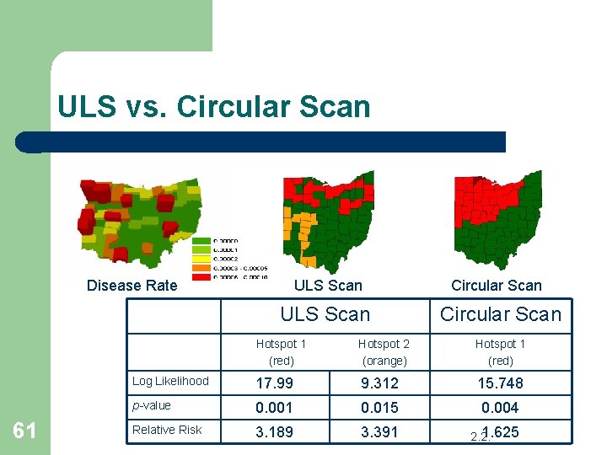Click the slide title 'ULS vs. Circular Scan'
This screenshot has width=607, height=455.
click(x=213, y=107)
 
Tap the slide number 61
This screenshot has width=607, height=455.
click(x=24, y=431)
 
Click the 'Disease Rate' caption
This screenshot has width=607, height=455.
click(x=132, y=286)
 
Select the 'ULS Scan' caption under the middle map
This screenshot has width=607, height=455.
click(x=328, y=286)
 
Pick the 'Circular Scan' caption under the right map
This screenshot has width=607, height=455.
click(x=496, y=286)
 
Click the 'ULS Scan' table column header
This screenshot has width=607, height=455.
click(x=325, y=314)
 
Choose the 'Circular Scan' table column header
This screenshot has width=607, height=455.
click(x=500, y=314)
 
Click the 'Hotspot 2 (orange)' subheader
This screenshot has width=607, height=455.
click(x=384, y=352)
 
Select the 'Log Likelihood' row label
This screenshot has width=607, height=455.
click(x=170, y=381)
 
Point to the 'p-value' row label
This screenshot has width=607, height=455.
click(x=152, y=405)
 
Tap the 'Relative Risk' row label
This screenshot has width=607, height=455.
click(x=167, y=430)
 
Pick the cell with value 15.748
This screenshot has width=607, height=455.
click(x=500, y=383)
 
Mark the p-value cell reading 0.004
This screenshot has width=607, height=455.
click(x=500, y=408)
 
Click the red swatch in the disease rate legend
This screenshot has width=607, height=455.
click(x=202, y=276)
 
